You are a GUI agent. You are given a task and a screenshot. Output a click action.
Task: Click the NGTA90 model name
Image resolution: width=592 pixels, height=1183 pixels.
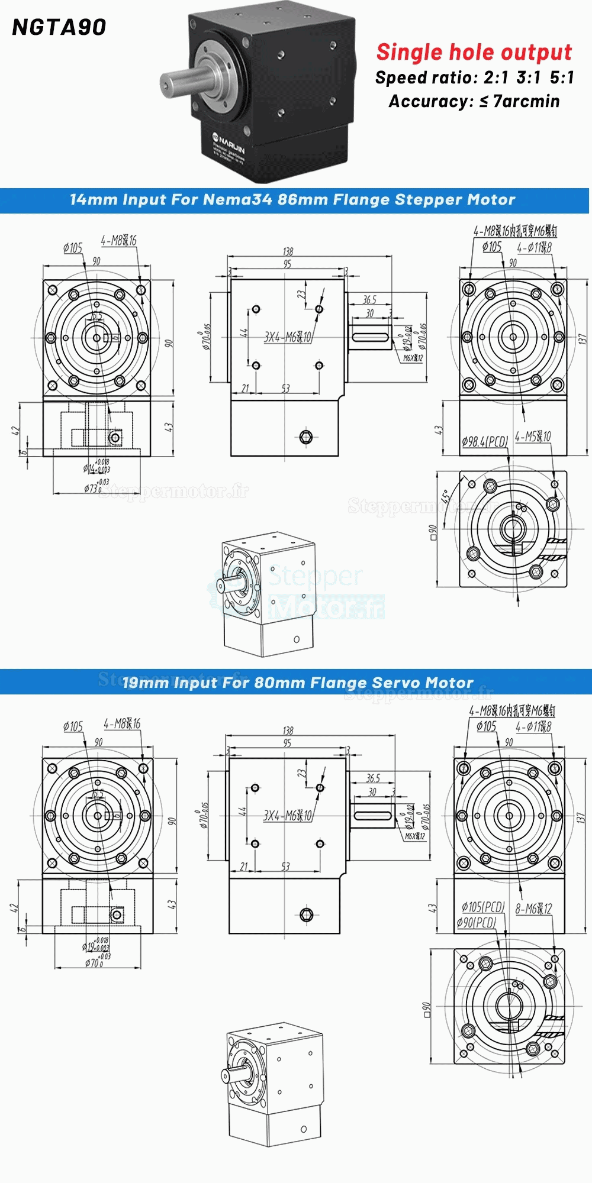click(59, 27)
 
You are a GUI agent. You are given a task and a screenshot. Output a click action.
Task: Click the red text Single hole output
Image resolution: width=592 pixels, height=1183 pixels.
click(474, 52)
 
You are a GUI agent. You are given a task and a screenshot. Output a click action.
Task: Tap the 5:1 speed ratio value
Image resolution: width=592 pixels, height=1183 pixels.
click(561, 77)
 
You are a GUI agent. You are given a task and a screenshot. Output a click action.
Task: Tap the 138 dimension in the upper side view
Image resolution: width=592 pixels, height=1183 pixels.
click(288, 251)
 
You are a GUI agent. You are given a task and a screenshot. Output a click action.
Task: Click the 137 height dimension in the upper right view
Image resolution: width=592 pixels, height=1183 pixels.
click(582, 339)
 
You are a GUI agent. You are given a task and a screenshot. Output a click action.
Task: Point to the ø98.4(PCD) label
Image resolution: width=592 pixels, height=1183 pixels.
click(484, 441)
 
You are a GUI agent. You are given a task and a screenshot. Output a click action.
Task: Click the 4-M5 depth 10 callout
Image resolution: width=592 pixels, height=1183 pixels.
click(533, 437)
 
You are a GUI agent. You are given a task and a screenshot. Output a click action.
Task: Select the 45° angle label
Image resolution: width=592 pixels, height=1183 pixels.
click(445, 496)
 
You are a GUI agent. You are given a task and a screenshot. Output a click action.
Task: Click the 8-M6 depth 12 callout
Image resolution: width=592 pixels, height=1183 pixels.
click(533, 909)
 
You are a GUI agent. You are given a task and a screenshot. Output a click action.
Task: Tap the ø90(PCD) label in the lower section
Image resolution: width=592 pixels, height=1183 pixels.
click(476, 922)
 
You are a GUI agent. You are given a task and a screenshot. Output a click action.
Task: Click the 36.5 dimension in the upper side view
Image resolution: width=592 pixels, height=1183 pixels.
click(369, 300)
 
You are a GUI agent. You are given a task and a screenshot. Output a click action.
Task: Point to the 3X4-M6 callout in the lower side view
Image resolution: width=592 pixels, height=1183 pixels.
click(287, 815)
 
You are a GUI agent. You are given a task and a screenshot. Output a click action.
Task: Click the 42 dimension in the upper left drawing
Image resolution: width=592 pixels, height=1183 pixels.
click(15, 431)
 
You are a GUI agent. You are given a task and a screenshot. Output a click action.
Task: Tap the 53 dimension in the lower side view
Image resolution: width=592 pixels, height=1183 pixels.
click(285, 867)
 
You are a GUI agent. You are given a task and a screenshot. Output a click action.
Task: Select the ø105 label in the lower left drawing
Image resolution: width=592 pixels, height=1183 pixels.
click(73, 726)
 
